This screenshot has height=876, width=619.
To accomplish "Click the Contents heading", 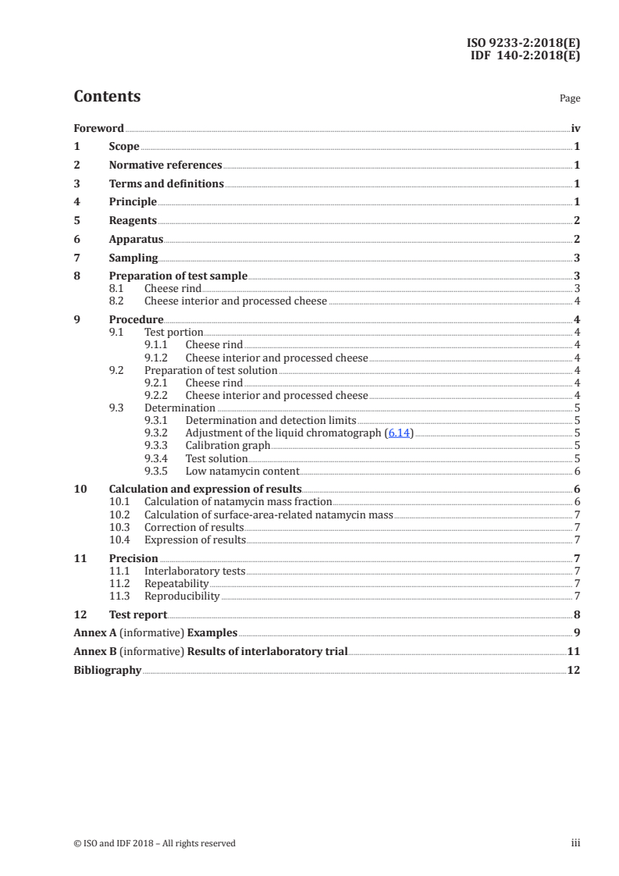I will tap(107, 97).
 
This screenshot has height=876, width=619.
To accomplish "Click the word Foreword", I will tap(98, 128).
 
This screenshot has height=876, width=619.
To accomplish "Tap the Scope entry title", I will tap(124, 147).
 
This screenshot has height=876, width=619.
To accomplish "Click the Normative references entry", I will tap(165, 166).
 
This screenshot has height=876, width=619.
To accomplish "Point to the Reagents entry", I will tap(133, 221).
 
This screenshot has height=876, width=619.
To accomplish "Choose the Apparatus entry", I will tap(136, 240).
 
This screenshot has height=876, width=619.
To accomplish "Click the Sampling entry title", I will tap(133, 258).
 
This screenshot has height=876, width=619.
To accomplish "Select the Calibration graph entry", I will tap(228, 446).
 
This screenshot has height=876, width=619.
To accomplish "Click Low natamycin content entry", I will tap(242, 472).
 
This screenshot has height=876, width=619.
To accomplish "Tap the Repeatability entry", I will tap(176, 583).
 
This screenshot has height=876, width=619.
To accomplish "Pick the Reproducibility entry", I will tap(182, 596).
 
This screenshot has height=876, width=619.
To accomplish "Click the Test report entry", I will tap(138, 614).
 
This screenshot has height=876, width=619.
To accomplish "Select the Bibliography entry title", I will tap(108, 670).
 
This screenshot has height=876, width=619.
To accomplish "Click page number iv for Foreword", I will tap(575, 128).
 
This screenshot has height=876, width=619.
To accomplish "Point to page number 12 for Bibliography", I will tap(573, 670).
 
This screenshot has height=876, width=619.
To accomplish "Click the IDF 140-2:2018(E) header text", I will tap(525, 55).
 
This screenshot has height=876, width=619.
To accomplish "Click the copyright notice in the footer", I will tap(155, 843).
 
